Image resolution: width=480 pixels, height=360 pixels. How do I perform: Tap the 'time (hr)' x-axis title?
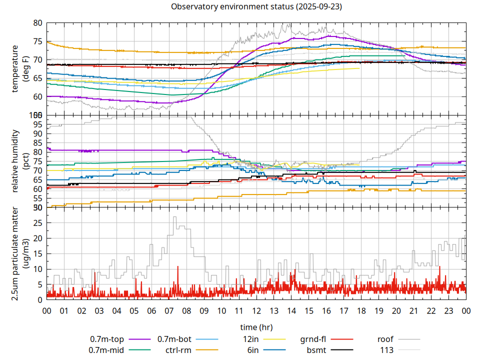[x=256, y=327]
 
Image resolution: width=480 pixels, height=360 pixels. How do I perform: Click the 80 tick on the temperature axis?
[x=38, y=23]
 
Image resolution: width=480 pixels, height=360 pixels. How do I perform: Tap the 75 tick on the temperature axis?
[x=38, y=41]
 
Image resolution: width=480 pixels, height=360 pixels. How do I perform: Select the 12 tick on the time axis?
[x=256, y=310]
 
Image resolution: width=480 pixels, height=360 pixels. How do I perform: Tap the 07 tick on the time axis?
[x=169, y=310]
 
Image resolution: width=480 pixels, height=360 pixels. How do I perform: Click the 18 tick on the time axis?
[x=361, y=310]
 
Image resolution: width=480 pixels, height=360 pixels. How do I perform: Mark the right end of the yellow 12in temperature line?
[x=359, y=68]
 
